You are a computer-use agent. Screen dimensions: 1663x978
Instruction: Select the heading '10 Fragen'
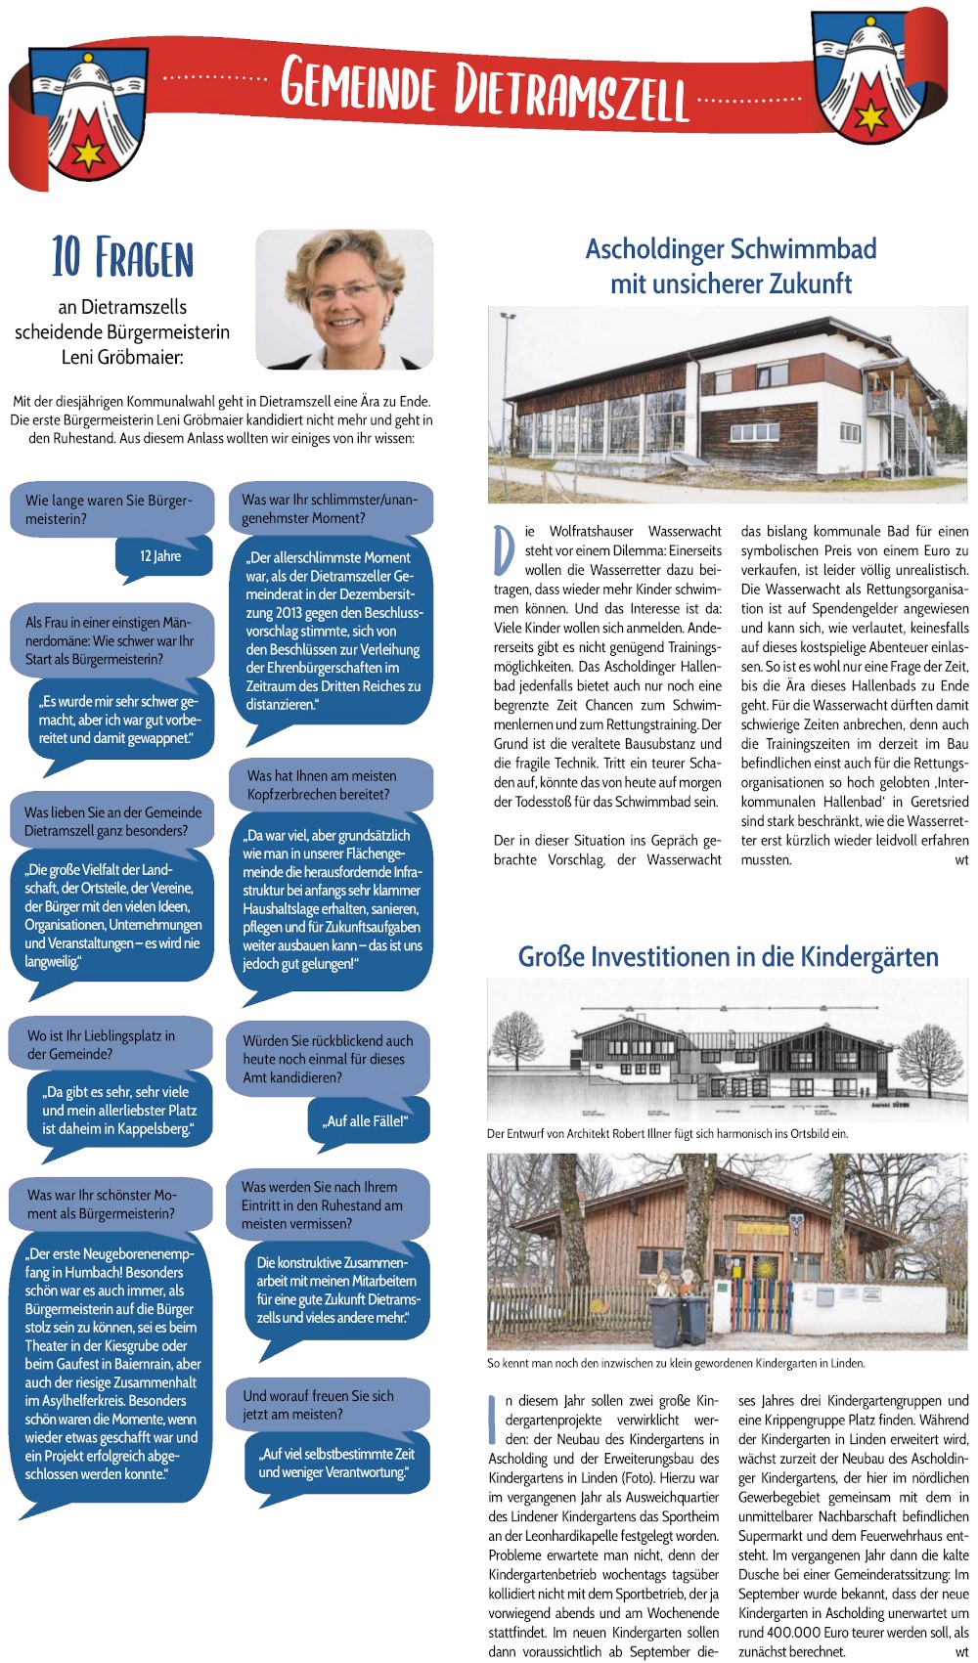click(122, 257)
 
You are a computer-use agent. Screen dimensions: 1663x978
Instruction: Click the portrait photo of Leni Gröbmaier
click(344, 299)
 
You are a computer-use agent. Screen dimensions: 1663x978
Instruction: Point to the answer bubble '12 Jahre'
click(162, 556)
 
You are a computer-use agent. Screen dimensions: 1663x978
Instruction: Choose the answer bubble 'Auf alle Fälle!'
click(366, 1121)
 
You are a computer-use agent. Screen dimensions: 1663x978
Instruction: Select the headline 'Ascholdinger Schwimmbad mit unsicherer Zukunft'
click(730, 266)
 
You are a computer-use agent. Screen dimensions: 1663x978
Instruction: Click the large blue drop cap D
click(504, 551)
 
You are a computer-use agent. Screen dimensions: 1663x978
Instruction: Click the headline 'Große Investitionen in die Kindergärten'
click(728, 956)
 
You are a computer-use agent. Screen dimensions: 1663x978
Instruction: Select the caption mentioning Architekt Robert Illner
click(667, 1134)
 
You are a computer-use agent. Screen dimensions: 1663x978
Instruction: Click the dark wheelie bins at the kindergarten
click(679, 1317)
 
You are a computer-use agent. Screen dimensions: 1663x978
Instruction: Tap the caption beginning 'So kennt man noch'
click(676, 1363)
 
